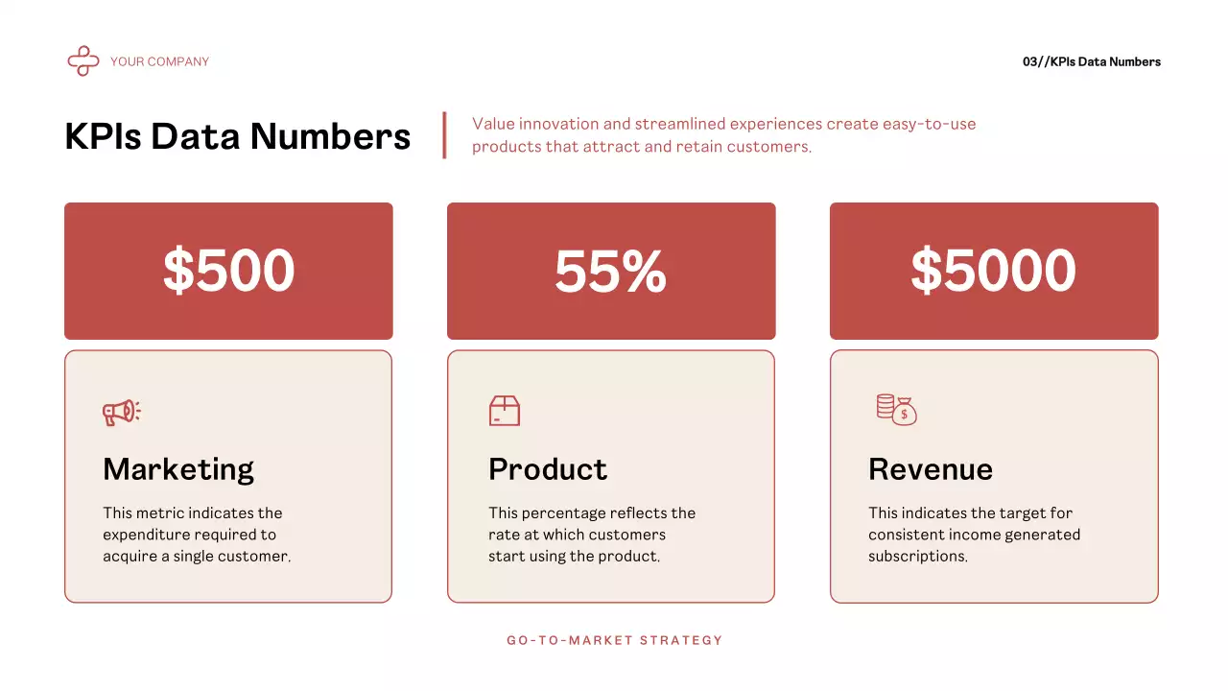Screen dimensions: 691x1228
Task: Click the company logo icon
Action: click(83, 61)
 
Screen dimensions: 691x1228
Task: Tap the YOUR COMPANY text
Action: click(159, 61)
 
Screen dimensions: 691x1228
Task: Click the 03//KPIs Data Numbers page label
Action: click(1091, 61)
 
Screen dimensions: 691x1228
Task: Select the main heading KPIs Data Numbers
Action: click(237, 136)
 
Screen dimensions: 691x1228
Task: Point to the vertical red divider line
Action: click(444, 134)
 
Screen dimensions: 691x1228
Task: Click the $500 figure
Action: click(228, 271)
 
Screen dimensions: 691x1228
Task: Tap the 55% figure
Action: click(610, 271)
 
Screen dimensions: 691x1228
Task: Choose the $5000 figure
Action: click(993, 271)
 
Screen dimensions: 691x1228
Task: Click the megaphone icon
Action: click(122, 413)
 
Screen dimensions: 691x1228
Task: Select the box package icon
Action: click(504, 411)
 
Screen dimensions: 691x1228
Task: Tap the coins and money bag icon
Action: click(896, 410)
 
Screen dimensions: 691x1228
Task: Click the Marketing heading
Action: click(178, 469)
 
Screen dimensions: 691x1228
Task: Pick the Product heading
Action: click(548, 469)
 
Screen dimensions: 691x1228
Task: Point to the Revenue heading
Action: click(931, 469)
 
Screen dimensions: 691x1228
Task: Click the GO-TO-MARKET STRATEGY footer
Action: click(614, 640)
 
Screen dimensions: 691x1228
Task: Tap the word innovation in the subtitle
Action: click(560, 124)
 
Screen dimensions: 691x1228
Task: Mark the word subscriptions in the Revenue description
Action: click(917, 557)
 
